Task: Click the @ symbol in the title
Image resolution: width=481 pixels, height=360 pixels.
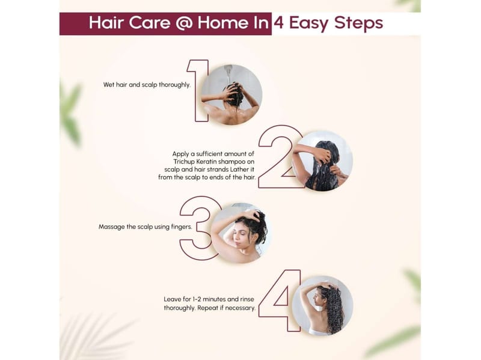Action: coord(184,23)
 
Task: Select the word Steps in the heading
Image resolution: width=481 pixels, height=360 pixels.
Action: coord(358,23)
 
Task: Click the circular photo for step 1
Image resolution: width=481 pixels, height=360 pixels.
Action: coord(231,95)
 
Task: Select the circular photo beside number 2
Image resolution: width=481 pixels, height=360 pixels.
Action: coord(322,160)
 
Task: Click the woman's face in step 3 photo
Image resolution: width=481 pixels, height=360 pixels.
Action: coord(240,235)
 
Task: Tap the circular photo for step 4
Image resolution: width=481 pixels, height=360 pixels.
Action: coord(322,305)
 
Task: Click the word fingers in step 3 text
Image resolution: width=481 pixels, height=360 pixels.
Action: coord(182,227)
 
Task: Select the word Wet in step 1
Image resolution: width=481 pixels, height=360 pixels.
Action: coord(109,85)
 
